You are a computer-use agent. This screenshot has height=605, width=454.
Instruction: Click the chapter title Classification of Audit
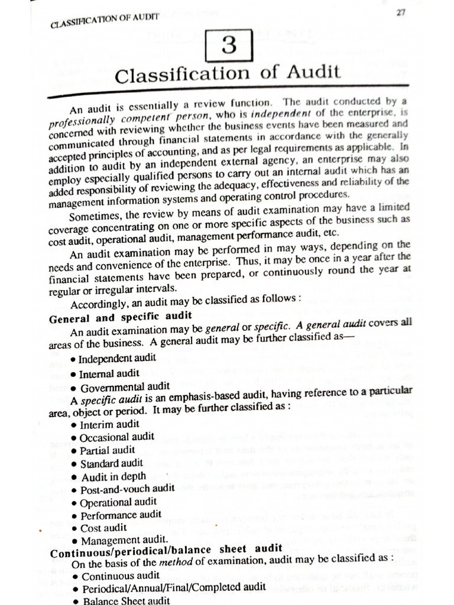[x=228, y=75]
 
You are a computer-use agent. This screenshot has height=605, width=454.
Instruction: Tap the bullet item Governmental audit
[x=120, y=387]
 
